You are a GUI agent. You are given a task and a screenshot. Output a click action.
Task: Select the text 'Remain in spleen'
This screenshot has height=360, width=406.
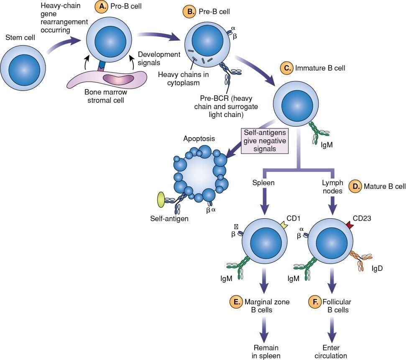(x=266, y=352)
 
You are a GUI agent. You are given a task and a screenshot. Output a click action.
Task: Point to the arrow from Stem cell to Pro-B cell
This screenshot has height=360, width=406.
(x=63, y=46)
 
